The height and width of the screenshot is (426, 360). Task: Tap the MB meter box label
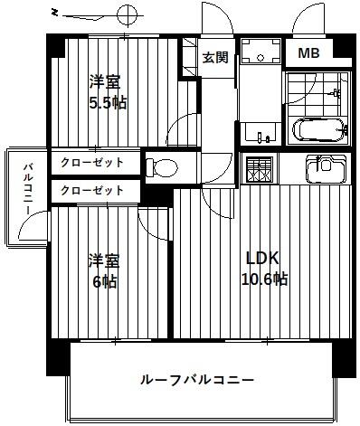point(308,54)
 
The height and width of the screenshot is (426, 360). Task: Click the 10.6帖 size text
point(263,279)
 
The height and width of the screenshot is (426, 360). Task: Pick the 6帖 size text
point(104,280)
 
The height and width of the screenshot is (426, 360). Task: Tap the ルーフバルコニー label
point(196,379)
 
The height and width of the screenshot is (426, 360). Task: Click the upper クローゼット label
point(93,163)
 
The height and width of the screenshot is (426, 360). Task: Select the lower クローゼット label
point(93,191)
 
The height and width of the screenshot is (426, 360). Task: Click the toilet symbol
point(162,166)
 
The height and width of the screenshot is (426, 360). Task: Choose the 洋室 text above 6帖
point(104,260)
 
